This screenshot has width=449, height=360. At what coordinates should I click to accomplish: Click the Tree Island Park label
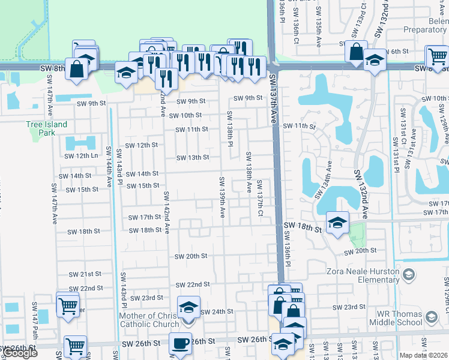46,128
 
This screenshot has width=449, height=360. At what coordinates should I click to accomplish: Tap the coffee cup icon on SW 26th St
180,343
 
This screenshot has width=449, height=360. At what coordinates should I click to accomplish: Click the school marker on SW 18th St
337,223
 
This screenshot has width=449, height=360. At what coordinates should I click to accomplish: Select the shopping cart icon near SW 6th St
437,56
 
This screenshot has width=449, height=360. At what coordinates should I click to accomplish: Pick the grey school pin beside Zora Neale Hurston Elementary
409,275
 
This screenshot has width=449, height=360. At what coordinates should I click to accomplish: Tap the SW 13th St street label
192,158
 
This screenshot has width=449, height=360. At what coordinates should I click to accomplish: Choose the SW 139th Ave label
221,197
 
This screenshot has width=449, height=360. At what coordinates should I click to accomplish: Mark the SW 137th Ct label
260,198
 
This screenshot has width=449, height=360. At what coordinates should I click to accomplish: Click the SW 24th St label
216,312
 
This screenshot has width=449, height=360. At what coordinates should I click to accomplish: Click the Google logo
20,353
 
